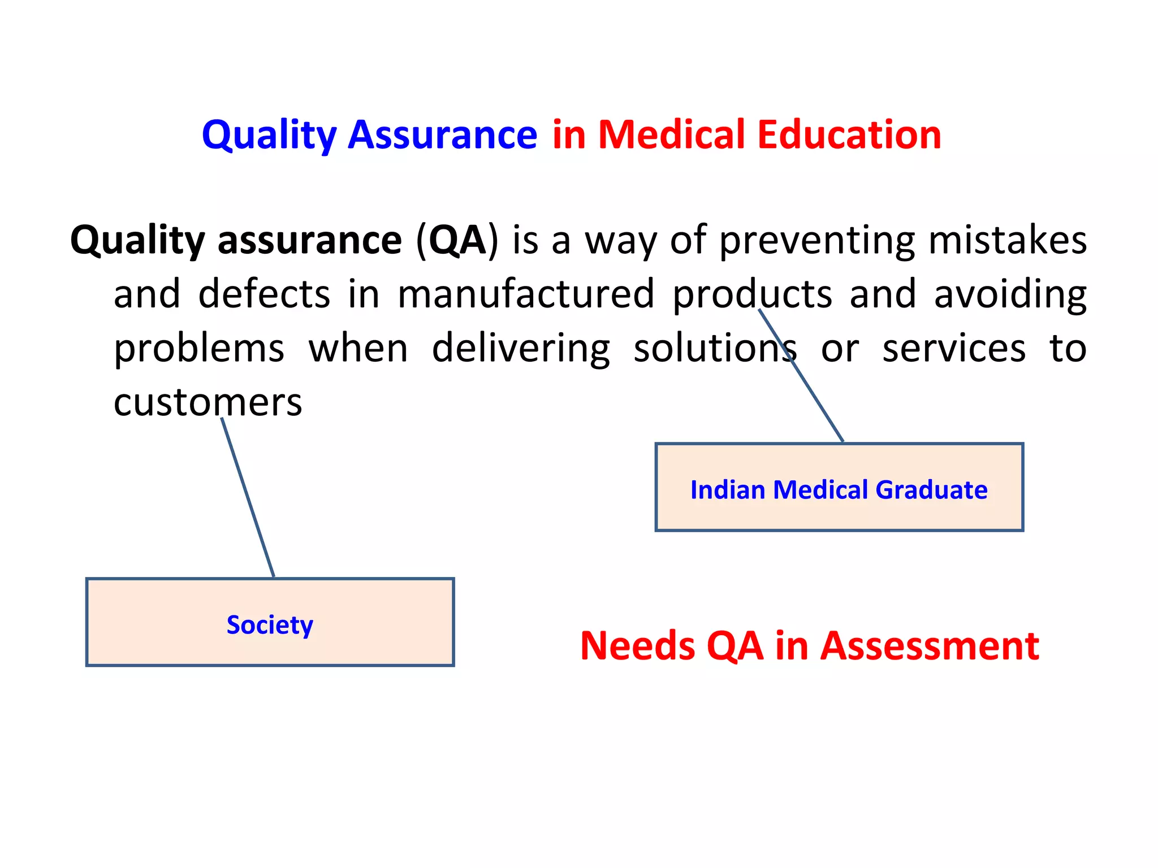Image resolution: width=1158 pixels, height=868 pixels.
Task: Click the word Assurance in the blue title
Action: (442, 136)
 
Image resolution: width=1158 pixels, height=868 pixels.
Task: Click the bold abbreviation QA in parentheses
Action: (457, 241)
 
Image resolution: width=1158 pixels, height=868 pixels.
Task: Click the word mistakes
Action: (1007, 241)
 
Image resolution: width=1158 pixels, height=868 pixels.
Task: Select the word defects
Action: (264, 294)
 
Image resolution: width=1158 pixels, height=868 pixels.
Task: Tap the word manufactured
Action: (526, 294)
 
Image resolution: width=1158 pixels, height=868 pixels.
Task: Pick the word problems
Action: (199, 349)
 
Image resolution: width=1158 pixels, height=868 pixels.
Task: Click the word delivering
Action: (521, 349)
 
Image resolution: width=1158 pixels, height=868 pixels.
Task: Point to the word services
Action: (954, 349)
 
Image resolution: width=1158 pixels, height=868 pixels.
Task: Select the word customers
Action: (208, 403)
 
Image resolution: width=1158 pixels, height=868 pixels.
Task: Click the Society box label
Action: (270, 625)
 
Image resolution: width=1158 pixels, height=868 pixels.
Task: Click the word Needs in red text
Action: (637, 646)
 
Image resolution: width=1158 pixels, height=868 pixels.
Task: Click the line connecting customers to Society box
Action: (248, 497)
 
